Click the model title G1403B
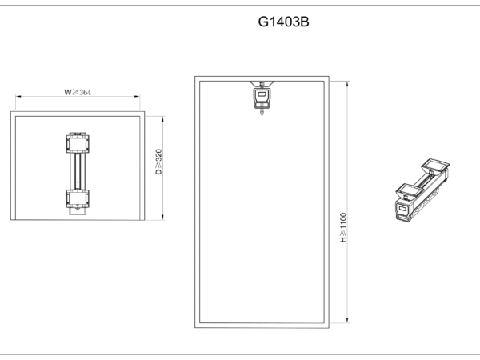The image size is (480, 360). [x=283, y=22]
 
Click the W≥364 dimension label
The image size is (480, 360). [x=78, y=92]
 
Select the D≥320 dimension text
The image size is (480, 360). [x=158, y=162]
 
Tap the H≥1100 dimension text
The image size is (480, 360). [x=343, y=227]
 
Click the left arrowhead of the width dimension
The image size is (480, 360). [x=18, y=97]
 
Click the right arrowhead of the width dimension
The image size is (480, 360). [x=137, y=97]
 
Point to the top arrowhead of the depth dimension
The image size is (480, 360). [x=163, y=119]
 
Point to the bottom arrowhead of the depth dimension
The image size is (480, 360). [x=163, y=217]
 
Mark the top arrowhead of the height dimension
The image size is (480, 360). [x=347, y=84]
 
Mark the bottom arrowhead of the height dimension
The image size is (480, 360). [x=347, y=319]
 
